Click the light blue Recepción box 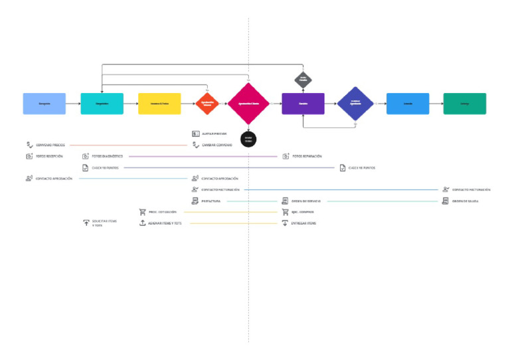[44, 104]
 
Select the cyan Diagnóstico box [102, 104]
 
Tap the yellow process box [159, 104]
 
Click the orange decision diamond [207, 104]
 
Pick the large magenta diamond [248, 104]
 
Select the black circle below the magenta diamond [248, 139]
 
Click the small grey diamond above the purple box [303, 80]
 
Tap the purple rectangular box [303, 104]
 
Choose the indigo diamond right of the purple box [355, 104]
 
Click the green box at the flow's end [464, 104]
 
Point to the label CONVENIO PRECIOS [50, 145]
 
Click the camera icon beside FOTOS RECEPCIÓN [29, 156]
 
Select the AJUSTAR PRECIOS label [214, 134]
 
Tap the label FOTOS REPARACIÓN [307, 156]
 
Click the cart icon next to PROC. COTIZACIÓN [142, 212]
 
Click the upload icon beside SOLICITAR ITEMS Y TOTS [86, 223]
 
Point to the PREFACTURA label [211, 201]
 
